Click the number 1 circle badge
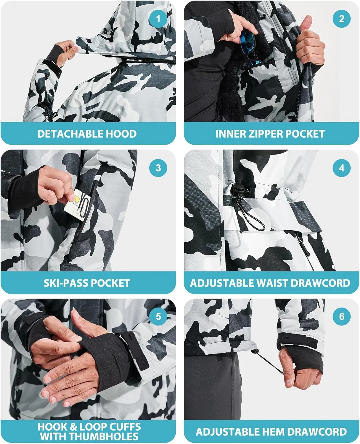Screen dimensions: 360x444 (x=158, y=19)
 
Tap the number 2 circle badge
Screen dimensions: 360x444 (x=341, y=19)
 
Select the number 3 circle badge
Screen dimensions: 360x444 (x=158, y=168)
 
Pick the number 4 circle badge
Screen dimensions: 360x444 (x=341, y=168)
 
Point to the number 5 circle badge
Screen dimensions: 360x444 (x=158, y=316)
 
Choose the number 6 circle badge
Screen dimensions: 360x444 (x=341, y=316)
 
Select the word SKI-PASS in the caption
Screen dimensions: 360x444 (x=65, y=283)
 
